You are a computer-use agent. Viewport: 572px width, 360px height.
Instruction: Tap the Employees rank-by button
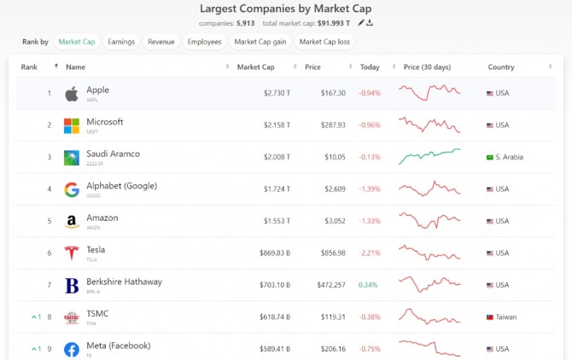tap(204, 41)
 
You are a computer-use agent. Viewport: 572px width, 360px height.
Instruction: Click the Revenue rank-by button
tap(161, 41)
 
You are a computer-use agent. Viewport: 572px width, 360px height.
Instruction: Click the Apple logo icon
tap(72, 93)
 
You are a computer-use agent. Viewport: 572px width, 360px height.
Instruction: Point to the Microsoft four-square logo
tap(72, 125)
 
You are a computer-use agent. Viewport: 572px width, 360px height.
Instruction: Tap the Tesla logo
tap(72, 253)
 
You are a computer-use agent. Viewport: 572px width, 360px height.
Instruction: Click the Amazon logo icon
tap(72, 221)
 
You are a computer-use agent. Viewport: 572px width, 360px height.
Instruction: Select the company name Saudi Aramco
tap(113, 154)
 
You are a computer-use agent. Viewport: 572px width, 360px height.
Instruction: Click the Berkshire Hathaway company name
tap(124, 282)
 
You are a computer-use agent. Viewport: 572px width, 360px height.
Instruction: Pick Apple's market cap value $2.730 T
tap(277, 93)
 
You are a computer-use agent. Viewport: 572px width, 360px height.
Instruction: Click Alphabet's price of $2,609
tap(332, 189)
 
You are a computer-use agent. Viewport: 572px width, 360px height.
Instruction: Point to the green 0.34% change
tap(368, 285)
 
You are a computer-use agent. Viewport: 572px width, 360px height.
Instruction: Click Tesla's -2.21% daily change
tap(369, 253)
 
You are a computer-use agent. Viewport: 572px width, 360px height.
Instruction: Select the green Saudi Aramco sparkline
tap(429, 156)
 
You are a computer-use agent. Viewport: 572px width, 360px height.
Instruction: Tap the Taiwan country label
tap(505, 316)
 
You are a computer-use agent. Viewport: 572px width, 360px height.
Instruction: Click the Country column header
tap(501, 67)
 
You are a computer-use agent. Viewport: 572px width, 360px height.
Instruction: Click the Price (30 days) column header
tap(428, 67)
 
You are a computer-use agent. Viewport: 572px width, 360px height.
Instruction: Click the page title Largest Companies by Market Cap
tap(285, 9)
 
